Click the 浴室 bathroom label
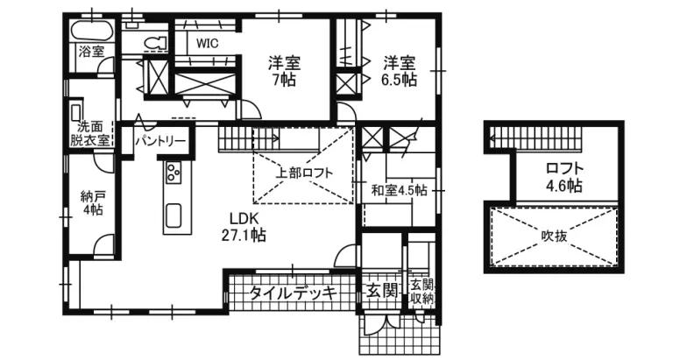[91, 51]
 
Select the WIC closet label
[208, 41]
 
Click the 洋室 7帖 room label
[285, 71]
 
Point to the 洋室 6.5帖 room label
[399, 71]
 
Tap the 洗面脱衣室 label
[90, 132]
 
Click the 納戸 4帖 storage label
[91, 202]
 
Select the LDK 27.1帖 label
[248, 227]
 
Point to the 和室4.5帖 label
[399, 190]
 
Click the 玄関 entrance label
[382, 291]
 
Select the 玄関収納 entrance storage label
[422, 292]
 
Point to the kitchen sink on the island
[173, 215]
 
